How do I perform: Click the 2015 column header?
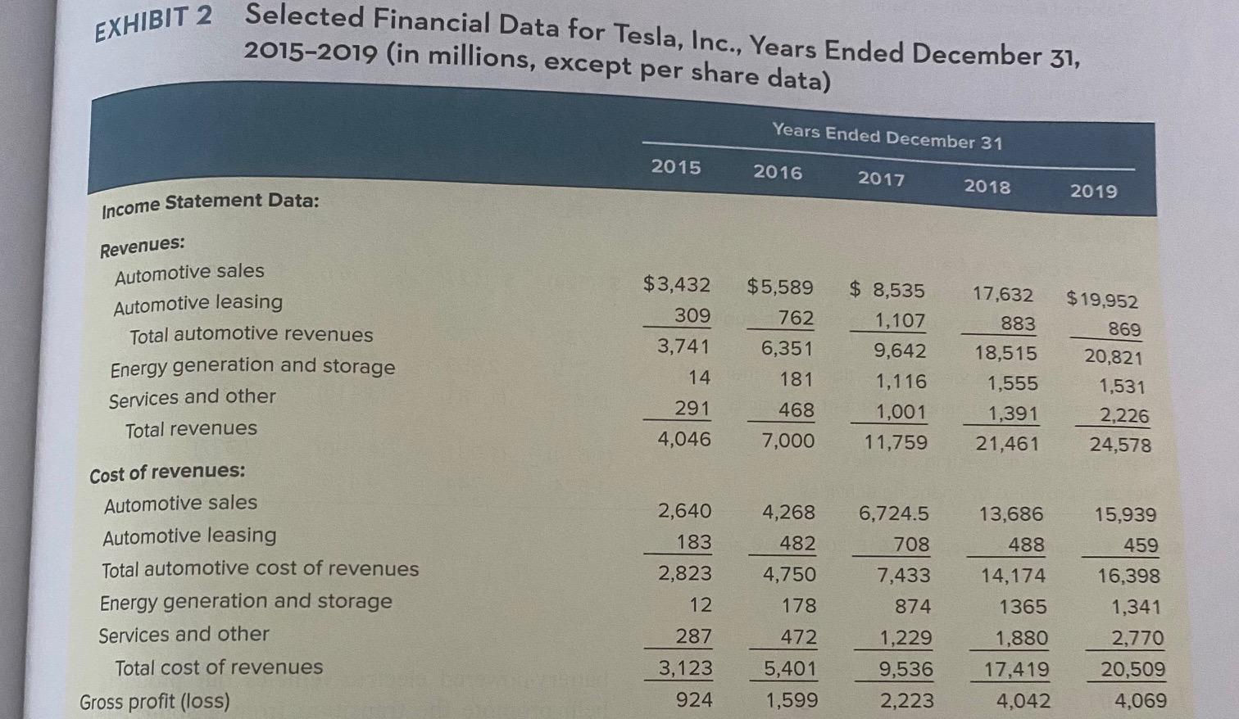coord(676,167)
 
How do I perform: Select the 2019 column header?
coord(1093,191)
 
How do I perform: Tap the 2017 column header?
coord(881,179)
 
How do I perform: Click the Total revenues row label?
coord(191,429)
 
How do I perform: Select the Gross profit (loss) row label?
coord(155,701)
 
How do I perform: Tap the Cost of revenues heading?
coord(167,473)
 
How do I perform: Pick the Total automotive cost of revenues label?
coord(260,569)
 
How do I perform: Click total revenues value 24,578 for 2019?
coord(1119,445)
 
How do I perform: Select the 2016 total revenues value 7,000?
coord(788,441)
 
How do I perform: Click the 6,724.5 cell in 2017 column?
coord(894,513)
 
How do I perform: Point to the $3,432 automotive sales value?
coord(676,285)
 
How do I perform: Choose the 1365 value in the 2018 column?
coord(1022,607)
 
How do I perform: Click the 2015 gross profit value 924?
coord(693,700)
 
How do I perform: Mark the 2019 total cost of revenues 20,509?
coord(1132,670)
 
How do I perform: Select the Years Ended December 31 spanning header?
coord(887,136)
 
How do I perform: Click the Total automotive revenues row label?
coord(251,335)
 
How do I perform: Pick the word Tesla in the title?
coord(640,34)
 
